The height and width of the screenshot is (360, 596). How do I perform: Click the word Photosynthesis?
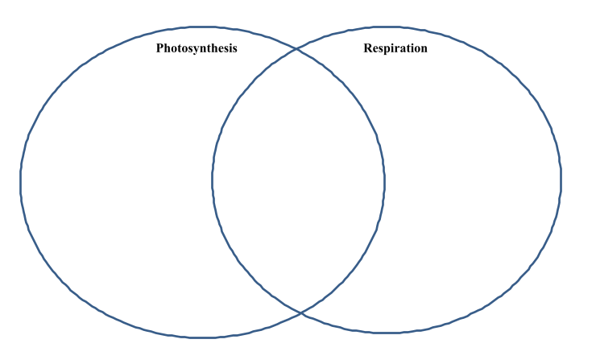(x=197, y=48)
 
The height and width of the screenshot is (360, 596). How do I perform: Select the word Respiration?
(x=395, y=48)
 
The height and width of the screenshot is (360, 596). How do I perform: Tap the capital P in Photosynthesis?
(x=160, y=48)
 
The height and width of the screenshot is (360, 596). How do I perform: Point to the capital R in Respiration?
(x=368, y=48)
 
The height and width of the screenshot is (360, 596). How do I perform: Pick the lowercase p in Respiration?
(x=385, y=50)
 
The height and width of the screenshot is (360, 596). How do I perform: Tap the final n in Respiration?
(x=424, y=49)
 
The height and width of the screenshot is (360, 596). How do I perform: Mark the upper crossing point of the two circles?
(x=297, y=50)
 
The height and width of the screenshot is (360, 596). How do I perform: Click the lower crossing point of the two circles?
(x=300, y=312)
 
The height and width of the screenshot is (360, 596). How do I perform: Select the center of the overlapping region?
(x=299, y=181)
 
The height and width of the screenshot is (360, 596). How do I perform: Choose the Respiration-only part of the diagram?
(x=475, y=185)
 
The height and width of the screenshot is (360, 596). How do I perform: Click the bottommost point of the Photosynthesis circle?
(x=201, y=337)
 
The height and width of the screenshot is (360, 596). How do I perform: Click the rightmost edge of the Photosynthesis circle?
(x=386, y=180)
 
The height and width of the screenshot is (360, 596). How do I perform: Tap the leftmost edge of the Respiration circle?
(x=213, y=181)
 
